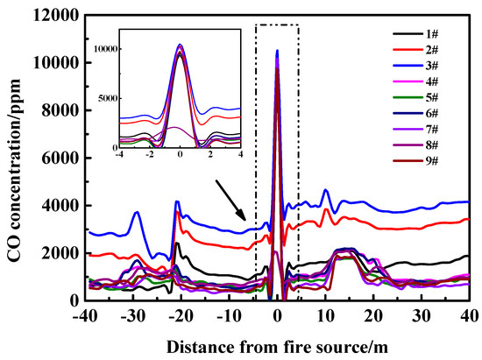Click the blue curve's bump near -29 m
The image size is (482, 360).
137,212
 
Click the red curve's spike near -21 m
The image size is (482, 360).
178,212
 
